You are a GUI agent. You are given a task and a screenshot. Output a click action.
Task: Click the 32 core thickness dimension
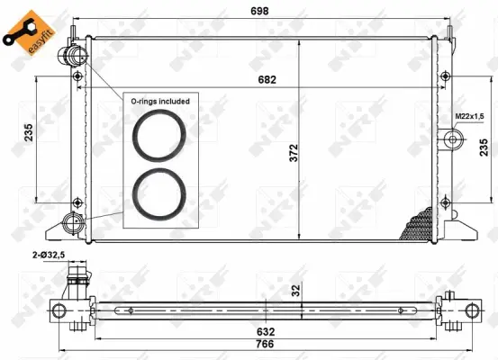point(294,290)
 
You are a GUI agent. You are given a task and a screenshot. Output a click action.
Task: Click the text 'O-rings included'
point(159,102)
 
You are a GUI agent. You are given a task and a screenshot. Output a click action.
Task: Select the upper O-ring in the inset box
point(159,135)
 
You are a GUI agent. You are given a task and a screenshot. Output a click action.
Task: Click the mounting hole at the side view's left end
point(59,310)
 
